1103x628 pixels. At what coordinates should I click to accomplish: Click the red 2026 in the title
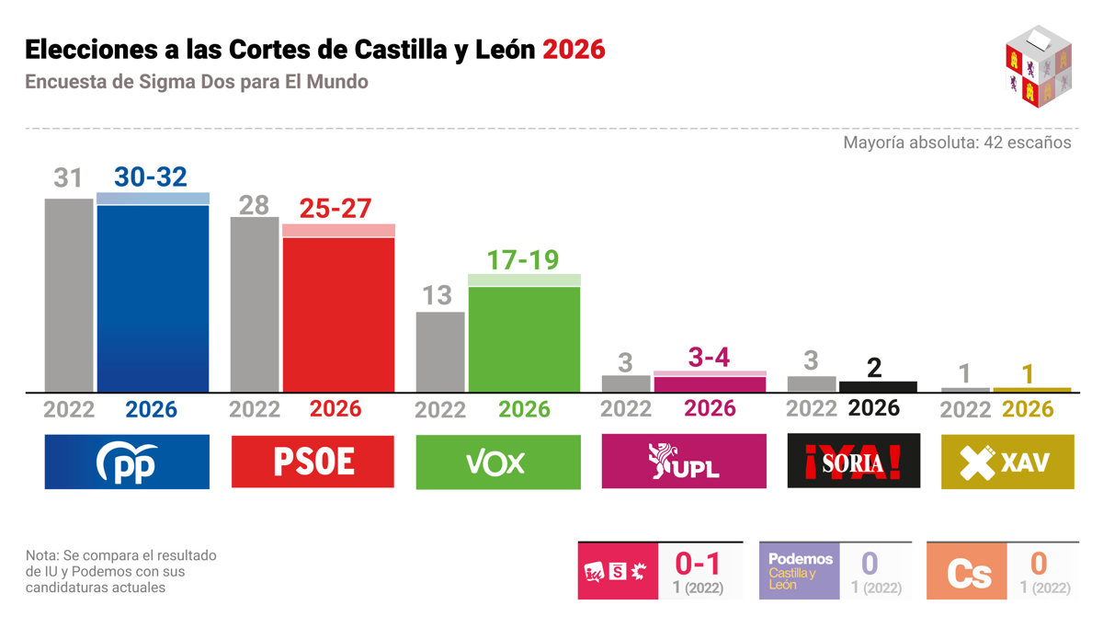point(574,49)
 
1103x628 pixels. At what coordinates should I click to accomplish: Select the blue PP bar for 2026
point(153,298)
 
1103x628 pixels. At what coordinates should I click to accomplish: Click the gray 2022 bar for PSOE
point(255,304)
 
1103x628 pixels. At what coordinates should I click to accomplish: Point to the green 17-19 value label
point(523,260)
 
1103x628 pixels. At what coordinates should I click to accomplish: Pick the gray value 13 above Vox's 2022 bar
point(438,295)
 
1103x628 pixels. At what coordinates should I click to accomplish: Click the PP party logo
point(127,462)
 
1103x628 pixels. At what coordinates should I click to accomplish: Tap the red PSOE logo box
point(313,462)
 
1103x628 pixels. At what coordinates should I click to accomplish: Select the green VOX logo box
point(498,462)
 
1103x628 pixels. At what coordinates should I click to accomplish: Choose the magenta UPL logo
point(684,462)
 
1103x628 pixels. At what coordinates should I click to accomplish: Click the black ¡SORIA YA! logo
point(854,462)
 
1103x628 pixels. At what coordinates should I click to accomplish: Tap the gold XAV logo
point(1007,462)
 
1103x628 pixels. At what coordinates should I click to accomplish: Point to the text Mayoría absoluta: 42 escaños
point(957,143)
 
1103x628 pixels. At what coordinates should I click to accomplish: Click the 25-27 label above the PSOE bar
point(335,209)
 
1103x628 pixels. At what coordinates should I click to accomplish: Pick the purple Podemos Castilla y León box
point(799,571)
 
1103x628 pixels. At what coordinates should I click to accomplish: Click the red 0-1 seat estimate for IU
point(699,563)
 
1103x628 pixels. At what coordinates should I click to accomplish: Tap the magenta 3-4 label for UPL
point(709,358)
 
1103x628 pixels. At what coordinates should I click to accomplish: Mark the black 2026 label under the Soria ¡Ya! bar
point(873,407)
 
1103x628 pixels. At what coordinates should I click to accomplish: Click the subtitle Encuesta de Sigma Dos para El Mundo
point(197,82)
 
